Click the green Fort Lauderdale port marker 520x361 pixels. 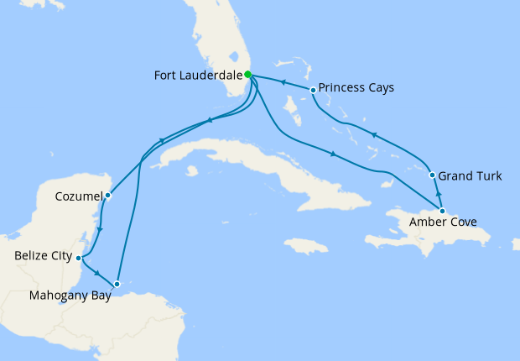click(248, 75)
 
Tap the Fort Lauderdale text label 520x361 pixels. click(197, 76)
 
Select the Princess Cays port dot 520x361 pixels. click(313, 90)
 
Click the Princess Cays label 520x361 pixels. click(357, 87)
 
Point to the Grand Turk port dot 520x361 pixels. click(432, 176)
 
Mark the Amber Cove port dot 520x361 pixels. click(442, 211)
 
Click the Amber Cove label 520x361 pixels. click(443, 223)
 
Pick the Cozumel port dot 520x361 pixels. click(108, 196)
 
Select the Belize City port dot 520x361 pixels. click(78, 258)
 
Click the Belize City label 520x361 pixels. click(43, 255)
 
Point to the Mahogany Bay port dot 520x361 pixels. click(117, 284)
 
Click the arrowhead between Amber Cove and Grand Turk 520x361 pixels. click(437, 194)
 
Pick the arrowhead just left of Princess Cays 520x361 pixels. click(283, 83)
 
